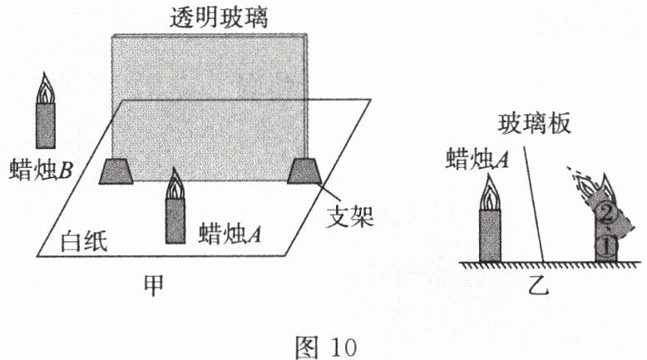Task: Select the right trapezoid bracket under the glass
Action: point(304,170)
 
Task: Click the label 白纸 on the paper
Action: point(86,241)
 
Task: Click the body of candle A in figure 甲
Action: point(175,220)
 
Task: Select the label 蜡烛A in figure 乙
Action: point(478,156)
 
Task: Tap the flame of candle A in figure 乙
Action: point(491,196)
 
